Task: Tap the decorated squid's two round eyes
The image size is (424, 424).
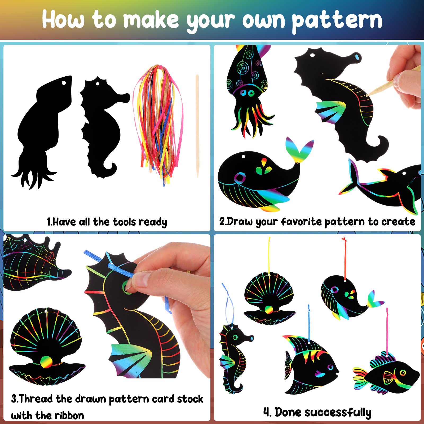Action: pos(247,93)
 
